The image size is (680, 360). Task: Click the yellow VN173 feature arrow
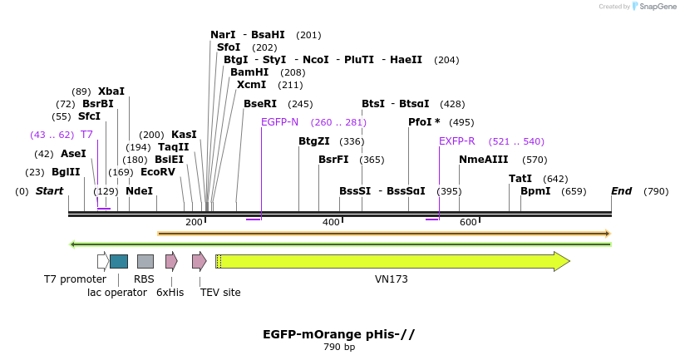click(x=391, y=261)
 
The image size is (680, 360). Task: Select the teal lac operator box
click(x=119, y=261)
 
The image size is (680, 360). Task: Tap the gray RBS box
click(x=145, y=261)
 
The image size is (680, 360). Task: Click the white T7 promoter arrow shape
click(x=102, y=261)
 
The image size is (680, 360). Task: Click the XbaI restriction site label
click(x=111, y=91)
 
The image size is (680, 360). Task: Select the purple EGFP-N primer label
click(x=279, y=121)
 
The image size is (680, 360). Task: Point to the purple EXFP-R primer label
click(x=456, y=141)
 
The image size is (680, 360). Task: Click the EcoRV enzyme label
click(x=158, y=172)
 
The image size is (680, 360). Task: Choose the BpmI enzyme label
click(x=535, y=191)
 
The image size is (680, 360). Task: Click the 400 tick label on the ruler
click(x=331, y=222)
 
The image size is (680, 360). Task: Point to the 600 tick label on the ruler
click(x=468, y=222)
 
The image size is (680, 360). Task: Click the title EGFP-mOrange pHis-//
click(x=338, y=334)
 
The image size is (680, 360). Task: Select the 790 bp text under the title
click(x=339, y=348)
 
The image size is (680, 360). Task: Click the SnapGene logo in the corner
click(x=653, y=7)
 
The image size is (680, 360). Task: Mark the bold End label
click(x=622, y=191)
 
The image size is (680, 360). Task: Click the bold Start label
click(x=49, y=191)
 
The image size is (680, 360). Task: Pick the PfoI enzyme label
click(x=423, y=121)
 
